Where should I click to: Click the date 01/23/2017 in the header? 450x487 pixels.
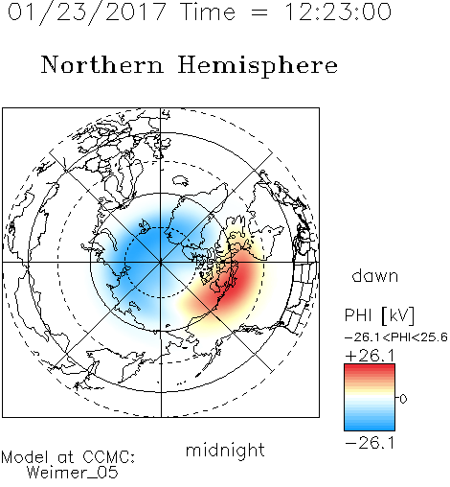(87, 12)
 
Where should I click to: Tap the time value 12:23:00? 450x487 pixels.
(338, 12)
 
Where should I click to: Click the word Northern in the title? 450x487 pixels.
(102, 64)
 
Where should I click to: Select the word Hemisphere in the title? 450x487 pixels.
(258, 66)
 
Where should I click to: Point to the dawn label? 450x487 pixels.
(375, 275)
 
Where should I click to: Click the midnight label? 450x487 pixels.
(225, 451)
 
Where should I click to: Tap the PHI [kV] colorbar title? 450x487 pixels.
(380, 315)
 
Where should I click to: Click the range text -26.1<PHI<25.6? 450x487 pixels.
(396, 337)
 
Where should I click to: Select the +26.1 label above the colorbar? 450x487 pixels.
(371, 356)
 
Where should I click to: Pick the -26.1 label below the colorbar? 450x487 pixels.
(371, 443)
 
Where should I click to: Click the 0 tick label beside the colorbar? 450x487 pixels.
(403, 399)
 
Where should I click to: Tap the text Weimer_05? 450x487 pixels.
(73, 473)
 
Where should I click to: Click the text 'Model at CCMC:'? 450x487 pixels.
(68, 457)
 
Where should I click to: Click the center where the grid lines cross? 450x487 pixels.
(161, 263)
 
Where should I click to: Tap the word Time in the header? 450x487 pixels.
(208, 12)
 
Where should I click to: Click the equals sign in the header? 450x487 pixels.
(259, 12)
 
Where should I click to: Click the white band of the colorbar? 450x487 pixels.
(370, 398)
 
